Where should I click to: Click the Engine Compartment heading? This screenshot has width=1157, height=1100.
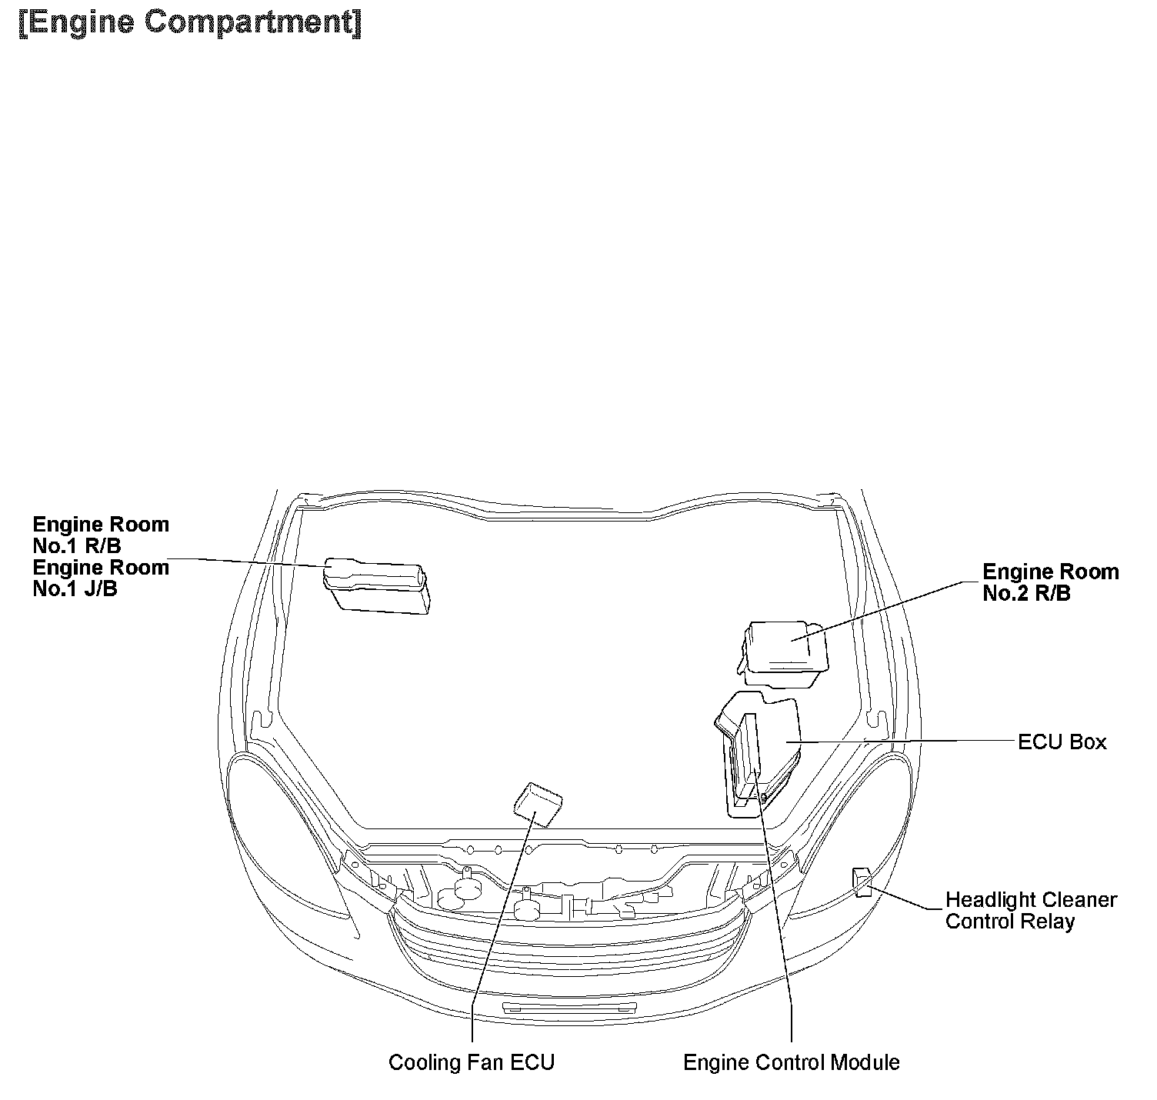click(190, 23)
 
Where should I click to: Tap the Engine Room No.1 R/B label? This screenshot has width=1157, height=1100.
click(100, 535)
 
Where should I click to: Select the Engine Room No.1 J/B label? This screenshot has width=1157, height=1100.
click(100, 578)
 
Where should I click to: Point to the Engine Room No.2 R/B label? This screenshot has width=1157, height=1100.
click(1050, 582)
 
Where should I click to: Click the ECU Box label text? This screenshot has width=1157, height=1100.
click(1062, 742)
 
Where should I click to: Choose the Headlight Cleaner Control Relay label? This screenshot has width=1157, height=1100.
click(1030, 911)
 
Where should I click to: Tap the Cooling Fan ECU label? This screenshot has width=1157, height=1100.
click(471, 1062)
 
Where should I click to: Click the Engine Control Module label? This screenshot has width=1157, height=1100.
click(791, 1062)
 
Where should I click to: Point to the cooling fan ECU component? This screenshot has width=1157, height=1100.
click(538, 805)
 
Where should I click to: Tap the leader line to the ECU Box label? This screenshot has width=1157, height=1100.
click(908, 742)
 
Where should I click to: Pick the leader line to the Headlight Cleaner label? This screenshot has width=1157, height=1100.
click(908, 898)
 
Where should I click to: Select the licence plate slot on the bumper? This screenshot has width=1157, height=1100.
click(568, 1008)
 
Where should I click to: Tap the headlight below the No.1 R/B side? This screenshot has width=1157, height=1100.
click(285, 831)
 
